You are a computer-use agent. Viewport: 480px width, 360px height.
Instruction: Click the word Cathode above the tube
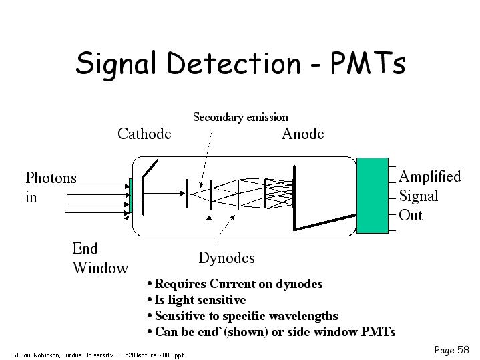[x=144, y=134]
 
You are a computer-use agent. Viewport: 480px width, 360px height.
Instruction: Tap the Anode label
[x=303, y=134]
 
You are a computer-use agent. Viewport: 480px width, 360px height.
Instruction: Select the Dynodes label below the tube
[x=226, y=258]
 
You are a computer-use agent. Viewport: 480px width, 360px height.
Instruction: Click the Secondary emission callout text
[x=240, y=117]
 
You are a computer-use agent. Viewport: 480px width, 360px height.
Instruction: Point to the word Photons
[x=51, y=178]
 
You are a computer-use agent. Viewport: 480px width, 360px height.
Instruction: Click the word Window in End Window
[x=100, y=268]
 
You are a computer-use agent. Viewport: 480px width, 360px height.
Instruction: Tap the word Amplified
[x=430, y=177]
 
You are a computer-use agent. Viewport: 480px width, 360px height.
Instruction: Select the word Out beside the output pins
[x=411, y=215]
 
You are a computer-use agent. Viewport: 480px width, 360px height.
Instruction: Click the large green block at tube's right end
[x=373, y=196]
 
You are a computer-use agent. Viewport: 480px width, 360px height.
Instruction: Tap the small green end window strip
[x=131, y=196]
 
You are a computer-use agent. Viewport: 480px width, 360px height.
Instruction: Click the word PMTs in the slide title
[x=368, y=63]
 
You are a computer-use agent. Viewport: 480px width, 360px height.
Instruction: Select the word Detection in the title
[x=234, y=63]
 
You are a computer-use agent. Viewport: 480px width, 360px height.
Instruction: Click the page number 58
[x=463, y=350]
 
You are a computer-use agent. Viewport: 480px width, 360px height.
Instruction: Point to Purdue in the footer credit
[x=72, y=355]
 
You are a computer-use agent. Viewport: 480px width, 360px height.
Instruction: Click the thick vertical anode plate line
[x=294, y=198]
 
